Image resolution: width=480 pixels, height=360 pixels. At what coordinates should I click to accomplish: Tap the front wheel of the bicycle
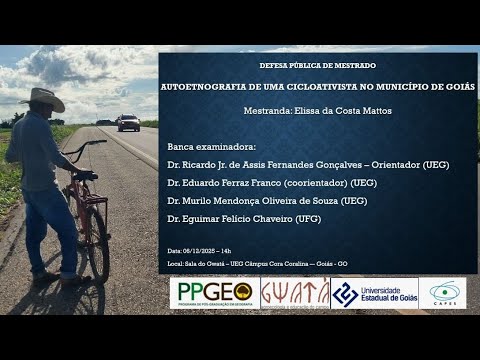(98, 244)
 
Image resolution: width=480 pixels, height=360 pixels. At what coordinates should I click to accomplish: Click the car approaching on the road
(129, 122)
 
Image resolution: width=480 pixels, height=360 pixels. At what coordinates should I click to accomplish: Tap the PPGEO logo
(213, 293)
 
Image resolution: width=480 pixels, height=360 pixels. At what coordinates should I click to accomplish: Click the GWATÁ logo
(295, 293)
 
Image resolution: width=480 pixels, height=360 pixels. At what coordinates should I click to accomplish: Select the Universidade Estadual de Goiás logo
(373, 293)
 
